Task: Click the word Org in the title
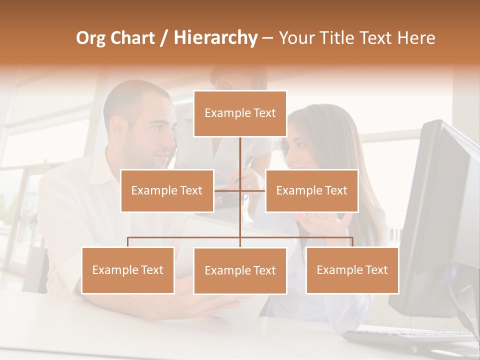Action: (91, 38)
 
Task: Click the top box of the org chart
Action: (240, 113)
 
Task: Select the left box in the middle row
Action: (167, 190)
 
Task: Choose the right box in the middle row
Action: (311, 190)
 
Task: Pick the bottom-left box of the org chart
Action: (128, 270)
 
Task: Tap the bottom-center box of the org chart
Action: (240, 271)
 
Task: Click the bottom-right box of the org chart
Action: (352, 270)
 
